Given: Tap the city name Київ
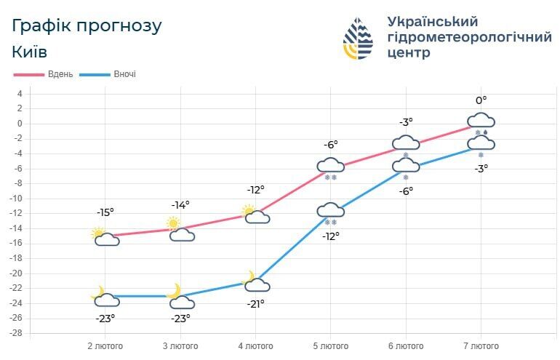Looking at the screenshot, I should click(30, 52).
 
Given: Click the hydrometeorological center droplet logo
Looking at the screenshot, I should click(358, 39).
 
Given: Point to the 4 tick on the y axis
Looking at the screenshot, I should click(20, 94).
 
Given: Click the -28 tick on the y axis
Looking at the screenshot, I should click(16, 333).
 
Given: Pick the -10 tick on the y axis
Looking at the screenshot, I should click(16, 199).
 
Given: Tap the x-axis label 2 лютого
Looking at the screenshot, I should click(105, 346).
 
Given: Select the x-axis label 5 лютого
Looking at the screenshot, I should click(330, 346).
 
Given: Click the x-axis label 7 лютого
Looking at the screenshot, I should click(481, 346).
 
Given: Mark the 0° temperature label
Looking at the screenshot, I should click(481, 100).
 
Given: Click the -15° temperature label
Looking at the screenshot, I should click(105, 212).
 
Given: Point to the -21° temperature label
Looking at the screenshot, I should click(255, 304).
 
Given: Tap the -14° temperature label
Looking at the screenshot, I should click(180, 205).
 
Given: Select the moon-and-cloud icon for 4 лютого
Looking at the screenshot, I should click(255, 282).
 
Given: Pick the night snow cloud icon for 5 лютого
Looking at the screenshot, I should click(330, 212).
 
